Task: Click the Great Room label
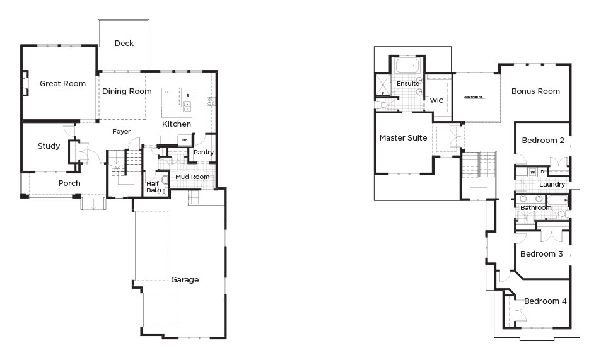(62, 83)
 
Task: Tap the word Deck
(124, 44)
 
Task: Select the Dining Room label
(127, 91)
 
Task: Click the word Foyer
(122, 132)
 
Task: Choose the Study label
(49, 146)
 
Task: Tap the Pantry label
(204, 152)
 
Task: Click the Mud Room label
(192, 177)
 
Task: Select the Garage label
(185, 279)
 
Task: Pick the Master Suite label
(403, 137)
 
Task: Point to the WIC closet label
(437, 101)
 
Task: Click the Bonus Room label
(535, 91)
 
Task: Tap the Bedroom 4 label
(545, 301)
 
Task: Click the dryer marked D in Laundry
(542, 171)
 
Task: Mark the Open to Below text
(474, 98)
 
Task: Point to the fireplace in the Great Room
(25, 83)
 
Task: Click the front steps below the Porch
(93, 204)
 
